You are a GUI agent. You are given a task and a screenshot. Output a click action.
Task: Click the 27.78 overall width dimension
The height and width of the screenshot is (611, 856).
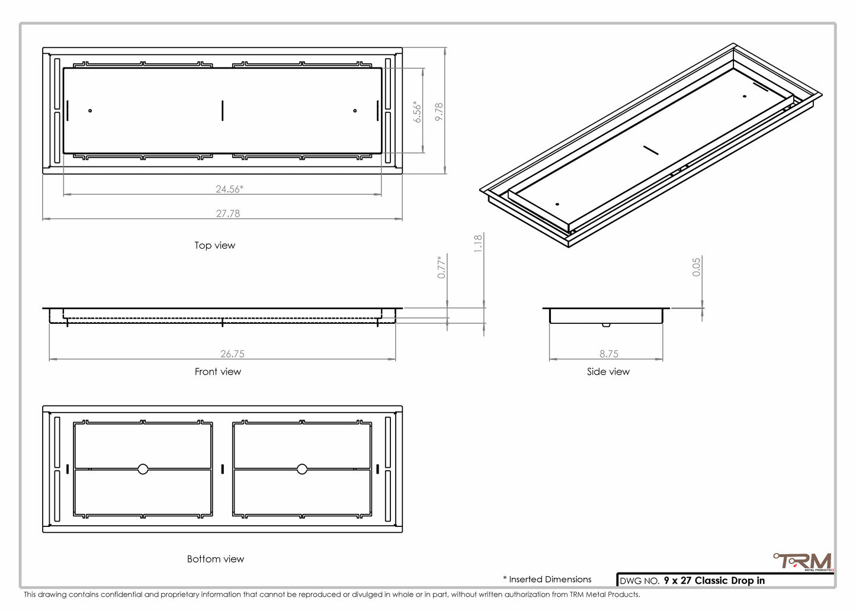[228, 214]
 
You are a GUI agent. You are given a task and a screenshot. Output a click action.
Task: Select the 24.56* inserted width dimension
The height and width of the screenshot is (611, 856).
[229, 189]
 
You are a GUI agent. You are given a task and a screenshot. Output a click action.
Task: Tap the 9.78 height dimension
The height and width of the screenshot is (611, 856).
[439, 112]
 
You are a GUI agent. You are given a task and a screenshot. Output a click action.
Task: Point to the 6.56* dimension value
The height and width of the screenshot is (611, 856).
[418, 111]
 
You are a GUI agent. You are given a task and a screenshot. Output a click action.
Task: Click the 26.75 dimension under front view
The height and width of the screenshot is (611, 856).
[232, 354]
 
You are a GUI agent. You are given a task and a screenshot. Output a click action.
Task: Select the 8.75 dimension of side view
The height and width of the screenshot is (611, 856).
[608, 354]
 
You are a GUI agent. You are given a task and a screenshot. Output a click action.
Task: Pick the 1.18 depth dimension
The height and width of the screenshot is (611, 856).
[478, 243]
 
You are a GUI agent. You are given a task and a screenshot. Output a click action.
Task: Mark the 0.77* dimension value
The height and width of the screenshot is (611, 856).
[441, 267]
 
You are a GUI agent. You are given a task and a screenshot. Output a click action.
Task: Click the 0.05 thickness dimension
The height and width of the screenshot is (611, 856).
[697, 266]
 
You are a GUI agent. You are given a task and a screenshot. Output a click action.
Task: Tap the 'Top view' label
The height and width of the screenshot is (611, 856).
[214, 246]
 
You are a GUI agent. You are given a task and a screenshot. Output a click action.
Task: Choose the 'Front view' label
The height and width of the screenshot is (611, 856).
[217, 372]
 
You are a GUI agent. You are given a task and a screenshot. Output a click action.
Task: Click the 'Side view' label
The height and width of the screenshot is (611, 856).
[608, 372]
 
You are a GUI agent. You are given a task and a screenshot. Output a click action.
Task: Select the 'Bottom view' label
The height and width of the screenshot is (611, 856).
[215, 559]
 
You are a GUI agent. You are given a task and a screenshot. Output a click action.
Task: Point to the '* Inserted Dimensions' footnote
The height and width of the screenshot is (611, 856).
[547, 580]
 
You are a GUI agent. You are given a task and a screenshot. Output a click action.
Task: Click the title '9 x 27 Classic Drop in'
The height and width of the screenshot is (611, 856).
[714, 581]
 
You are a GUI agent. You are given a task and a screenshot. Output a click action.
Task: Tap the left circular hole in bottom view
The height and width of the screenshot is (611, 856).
[143, 469]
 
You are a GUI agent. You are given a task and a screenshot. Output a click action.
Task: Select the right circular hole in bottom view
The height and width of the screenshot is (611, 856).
[302, 469]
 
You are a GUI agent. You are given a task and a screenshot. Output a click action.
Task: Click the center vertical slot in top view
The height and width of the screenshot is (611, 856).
[223, 111]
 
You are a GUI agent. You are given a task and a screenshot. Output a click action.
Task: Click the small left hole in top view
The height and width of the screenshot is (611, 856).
[90, 111]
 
